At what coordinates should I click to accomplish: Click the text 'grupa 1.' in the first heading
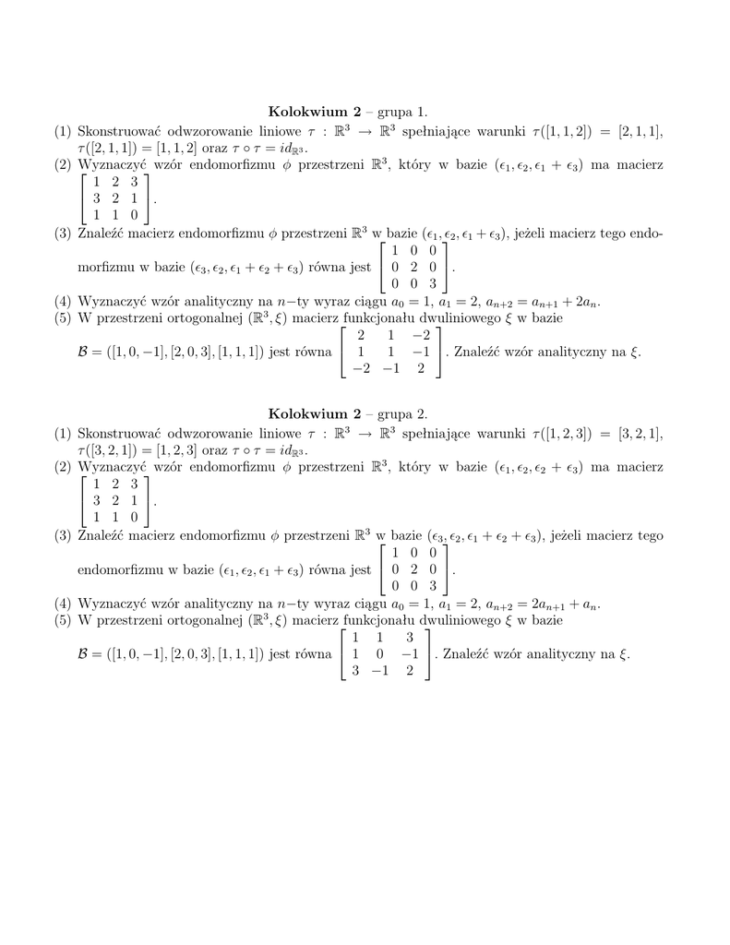(400, 111)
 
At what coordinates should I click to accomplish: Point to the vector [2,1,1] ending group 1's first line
(640, 132)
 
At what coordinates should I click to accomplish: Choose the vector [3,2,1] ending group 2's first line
(640, 435)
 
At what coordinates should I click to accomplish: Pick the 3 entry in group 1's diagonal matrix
(431, 283)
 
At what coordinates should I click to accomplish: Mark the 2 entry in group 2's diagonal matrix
(413, 569)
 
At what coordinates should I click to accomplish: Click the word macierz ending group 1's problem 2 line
(640, 163)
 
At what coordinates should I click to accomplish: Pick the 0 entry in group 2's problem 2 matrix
(134, 518)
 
